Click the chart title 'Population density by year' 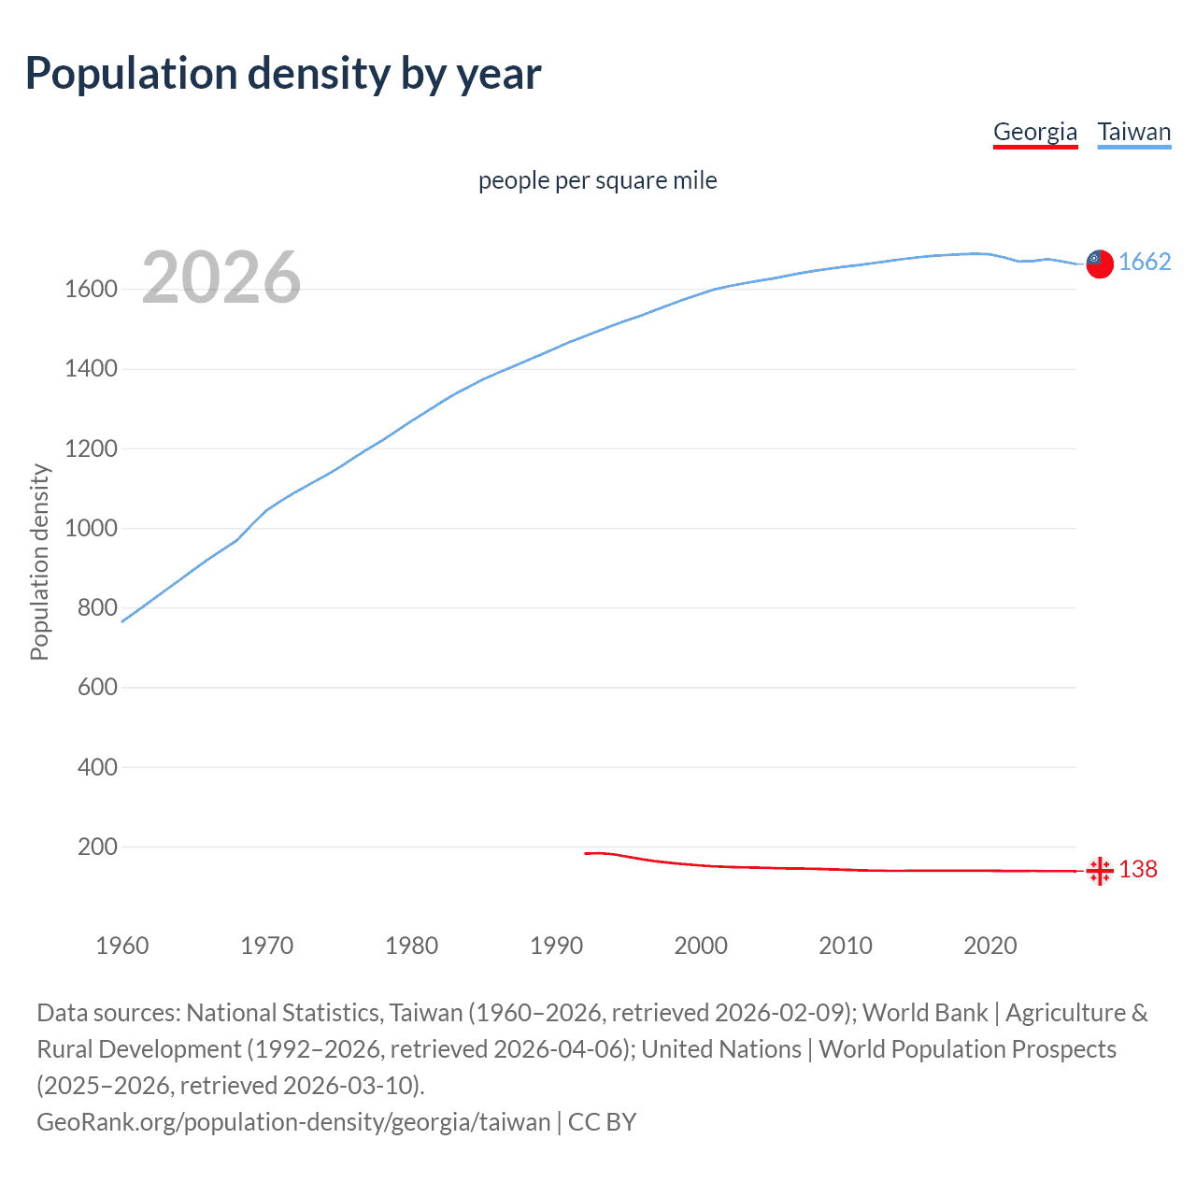coord(283,74)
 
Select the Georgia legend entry coord(1035,132)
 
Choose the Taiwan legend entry coord(1133,132)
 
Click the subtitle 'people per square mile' coord(597,180)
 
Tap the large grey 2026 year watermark coord(221,278)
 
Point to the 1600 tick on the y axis coord(91,290)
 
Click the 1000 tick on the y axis coord(91,529)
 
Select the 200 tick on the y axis coord(97,847)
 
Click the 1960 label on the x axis coord(122,946)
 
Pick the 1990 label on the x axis coord(556,946)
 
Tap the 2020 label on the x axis coord(990,946)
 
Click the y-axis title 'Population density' coord(39,562)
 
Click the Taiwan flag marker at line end coord(1100,264)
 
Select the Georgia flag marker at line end coord(1100,871)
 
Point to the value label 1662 coord(1145,263)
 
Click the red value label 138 coord(1138,870)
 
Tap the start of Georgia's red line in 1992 coord(586,853)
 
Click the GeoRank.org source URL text coord(293,1122)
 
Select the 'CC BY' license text coord(603,1122)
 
